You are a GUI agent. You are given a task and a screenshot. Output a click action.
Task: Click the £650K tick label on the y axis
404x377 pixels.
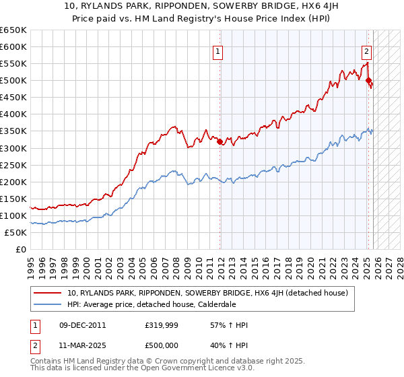click(13, 30)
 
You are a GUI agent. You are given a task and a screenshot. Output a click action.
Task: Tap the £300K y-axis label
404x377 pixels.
click(13, 148)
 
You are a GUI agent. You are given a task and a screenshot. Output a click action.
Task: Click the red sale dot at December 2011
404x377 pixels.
click(220, 141)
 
